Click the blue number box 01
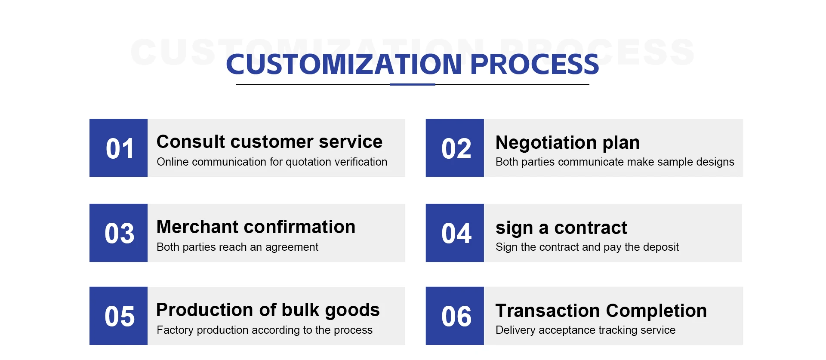tap(118, 148)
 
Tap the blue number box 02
tap(455, 148)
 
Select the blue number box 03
tap(118, 233)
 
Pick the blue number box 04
tap(455, 233)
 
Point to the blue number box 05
tap(118, 316)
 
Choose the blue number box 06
tap(455, 316)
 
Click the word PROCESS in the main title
tap(535, 64)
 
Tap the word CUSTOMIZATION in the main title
tap(344, 64)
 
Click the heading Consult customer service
tap(269, 142)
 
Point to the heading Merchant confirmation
tap(256, 227)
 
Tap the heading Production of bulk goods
tap(268, 310)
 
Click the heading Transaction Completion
tap(601, 311)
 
